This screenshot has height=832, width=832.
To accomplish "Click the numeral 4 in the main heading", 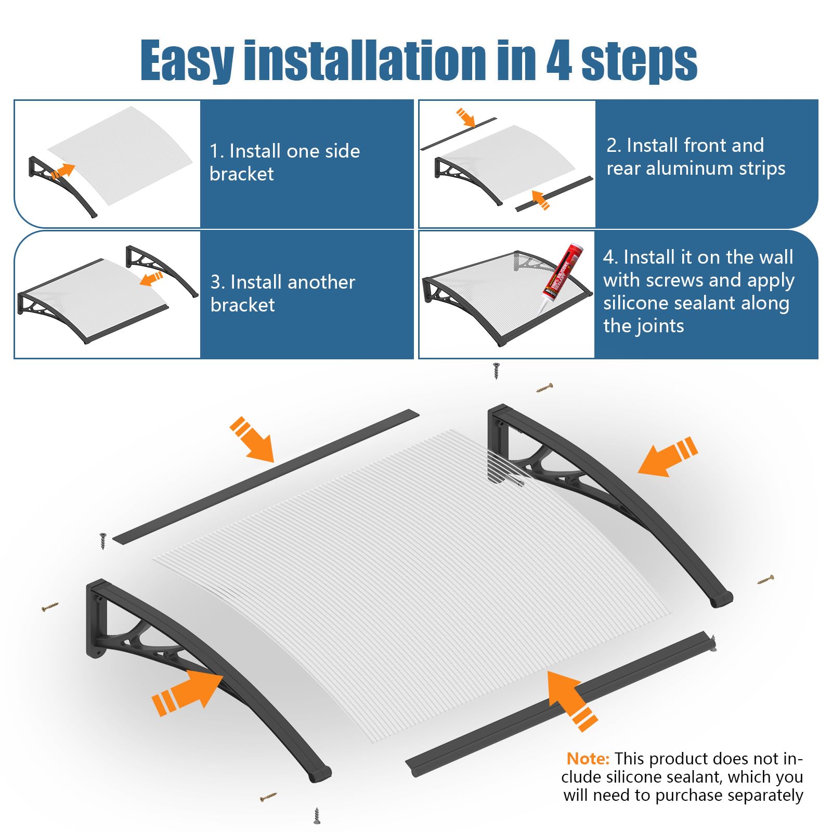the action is click(x=560, y=61).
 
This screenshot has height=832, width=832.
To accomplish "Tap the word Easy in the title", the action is click(x=187, y=61).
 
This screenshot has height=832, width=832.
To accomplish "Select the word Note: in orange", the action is click(x=588, y=759).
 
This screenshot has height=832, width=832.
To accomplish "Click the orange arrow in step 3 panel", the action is click(x=151, y=279).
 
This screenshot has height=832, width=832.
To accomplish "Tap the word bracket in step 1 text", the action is click(x=241, y=174).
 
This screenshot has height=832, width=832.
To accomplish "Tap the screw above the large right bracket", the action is click(x=496, y=370).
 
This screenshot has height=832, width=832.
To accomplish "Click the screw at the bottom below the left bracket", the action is click(x=317, y=815).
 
